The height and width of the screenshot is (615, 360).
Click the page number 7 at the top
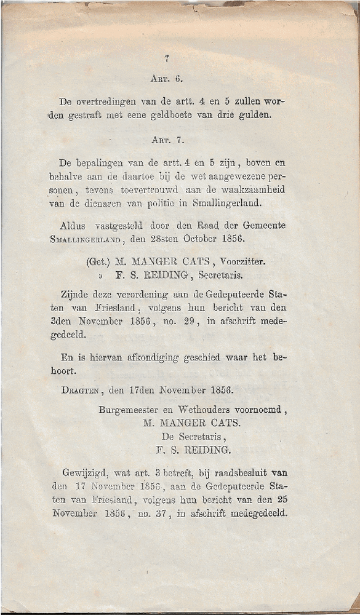click(167, 59)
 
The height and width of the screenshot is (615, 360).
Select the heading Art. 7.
click(166, 140)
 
